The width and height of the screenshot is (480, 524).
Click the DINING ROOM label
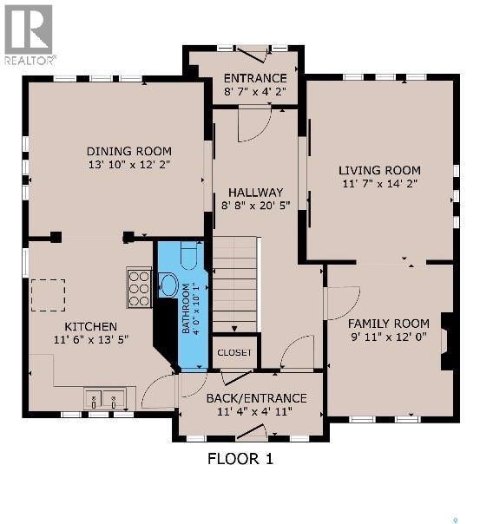point(128,151)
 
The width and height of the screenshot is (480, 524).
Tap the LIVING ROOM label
point(379,170)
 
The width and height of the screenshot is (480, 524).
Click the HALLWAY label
point(255,193)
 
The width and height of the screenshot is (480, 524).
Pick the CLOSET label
point(234,352)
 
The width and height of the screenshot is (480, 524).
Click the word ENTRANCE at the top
point(254,77)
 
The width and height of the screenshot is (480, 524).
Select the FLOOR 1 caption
point(240,459)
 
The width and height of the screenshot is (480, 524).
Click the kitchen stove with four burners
point(139,288)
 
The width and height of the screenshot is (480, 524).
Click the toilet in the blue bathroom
point(188,255)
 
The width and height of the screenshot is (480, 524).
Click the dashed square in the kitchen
point(48,295)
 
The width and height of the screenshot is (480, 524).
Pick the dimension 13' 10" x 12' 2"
point(128,165)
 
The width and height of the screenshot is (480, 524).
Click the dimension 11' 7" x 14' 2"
point(379,184)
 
